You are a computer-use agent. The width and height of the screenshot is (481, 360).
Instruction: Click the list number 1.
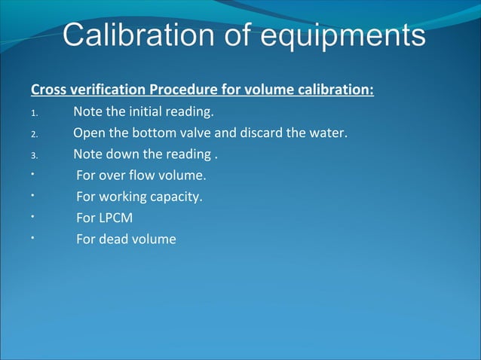click(x=33, y=114)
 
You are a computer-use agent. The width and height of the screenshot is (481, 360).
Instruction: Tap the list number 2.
click(x=33, y=136)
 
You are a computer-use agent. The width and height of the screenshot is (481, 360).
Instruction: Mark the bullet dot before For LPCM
click(x=33, y=215)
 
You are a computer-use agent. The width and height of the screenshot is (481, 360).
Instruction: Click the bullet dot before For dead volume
click(x=33, y=236)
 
